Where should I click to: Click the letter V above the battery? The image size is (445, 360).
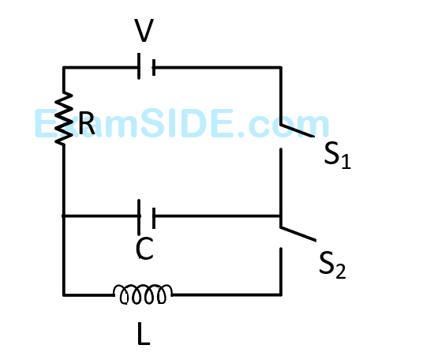coord(144,30)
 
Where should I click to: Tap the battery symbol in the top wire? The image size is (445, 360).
coord(147,66)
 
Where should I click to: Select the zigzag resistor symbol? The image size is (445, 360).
coord(64,118)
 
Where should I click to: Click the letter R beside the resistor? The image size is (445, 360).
coord(86,123)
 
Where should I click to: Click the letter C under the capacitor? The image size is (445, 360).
coord(144,249)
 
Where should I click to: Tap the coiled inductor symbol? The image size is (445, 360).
coord(143,294)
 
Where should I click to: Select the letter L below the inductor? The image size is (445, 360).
coord(143,334)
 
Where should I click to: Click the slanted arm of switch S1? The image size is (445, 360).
coord(297,130)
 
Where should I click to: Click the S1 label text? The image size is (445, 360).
coord(338,156)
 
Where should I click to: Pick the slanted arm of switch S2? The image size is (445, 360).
coord(298,234)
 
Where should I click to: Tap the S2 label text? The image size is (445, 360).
coord(332,265)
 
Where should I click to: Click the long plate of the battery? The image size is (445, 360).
coord(139,66)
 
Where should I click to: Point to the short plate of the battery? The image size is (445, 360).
coord(154,68)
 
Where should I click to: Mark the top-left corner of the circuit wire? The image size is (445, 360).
coord(64,68)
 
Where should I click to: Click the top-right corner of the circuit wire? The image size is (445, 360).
coord(281,68)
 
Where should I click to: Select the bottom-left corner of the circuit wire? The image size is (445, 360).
coord(64,295)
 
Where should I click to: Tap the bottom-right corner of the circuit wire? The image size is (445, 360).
coord(281,295)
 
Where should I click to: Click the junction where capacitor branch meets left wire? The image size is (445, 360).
coord(64,216)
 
